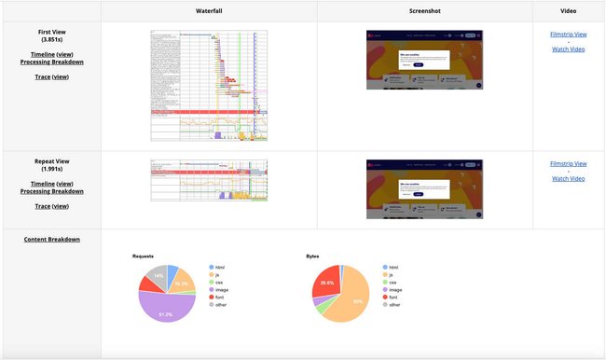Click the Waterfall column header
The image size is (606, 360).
click(x=209, y=10)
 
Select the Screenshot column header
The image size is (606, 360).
click(x=424, y=10)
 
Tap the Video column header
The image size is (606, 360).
click(x=569, y=10)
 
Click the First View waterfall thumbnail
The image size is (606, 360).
click(x=209, y=86)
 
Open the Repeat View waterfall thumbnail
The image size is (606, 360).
click(x=209, y=180)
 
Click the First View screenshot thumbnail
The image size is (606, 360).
click(x=424, y=60)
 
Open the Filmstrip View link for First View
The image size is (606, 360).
click(x=569, y=35)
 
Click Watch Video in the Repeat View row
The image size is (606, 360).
click(x=569, y=178)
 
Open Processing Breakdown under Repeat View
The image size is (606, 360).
click(x=51, y=191)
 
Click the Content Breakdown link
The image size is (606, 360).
click(x=51, y=239)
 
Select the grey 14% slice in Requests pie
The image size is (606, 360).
click(x=156, y=276)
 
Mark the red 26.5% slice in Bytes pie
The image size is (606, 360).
click(x=325, y=282)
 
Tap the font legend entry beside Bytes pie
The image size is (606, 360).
click(x=394, y=297)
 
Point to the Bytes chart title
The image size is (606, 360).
click(x=312, y=256)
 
